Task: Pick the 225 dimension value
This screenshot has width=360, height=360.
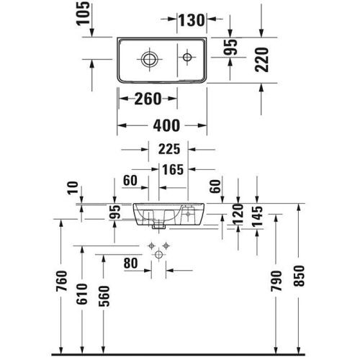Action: click(x=165, y=150)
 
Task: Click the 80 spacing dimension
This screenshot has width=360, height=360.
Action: click(x=130, y=264)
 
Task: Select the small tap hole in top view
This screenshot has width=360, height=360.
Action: click(x=185, y=55)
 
